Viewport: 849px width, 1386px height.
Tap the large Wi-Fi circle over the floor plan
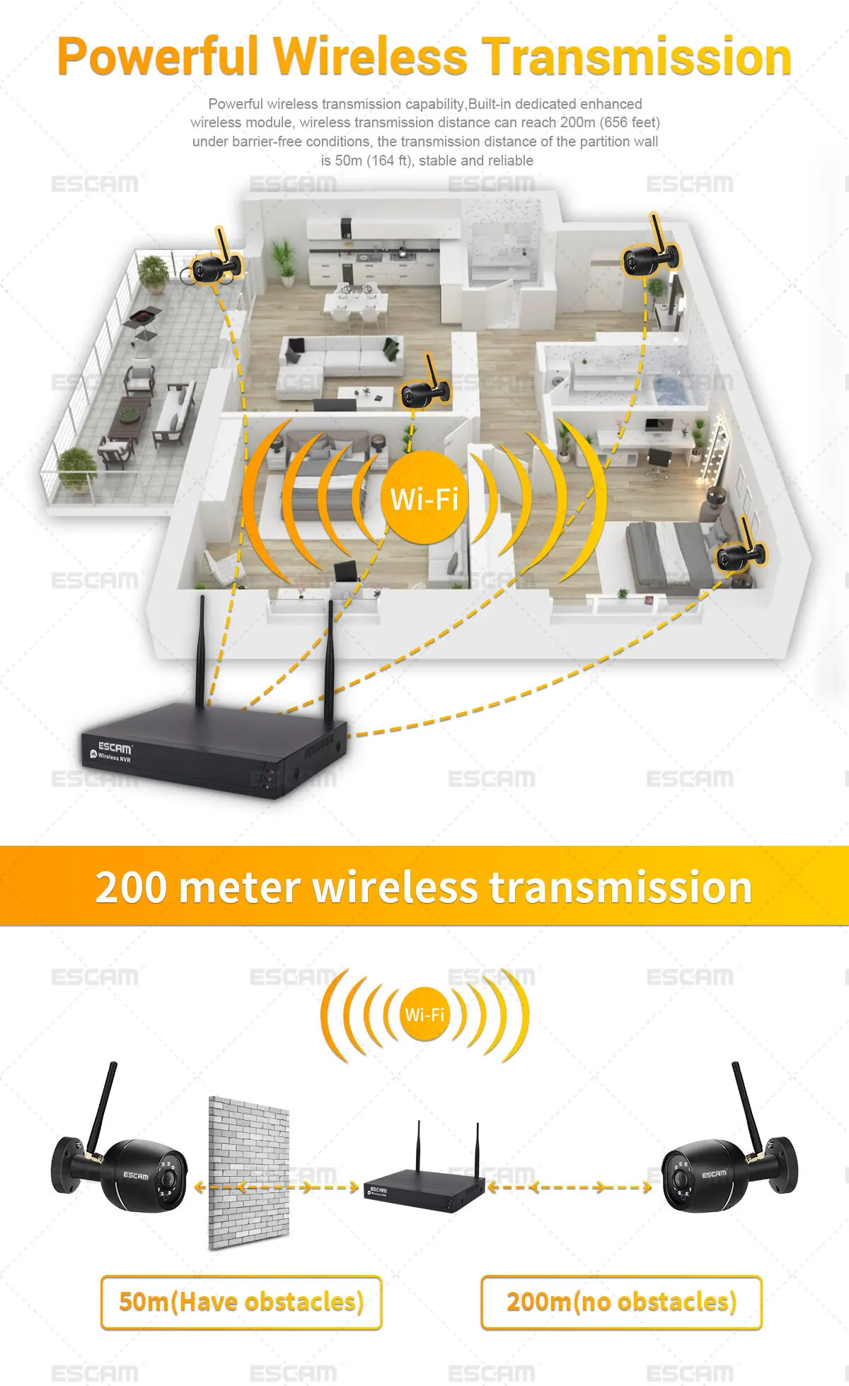tap(424, 499)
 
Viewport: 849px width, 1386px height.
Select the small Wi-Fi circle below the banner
tap(424, 1015)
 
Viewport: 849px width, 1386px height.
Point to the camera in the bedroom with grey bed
tap(739, 554)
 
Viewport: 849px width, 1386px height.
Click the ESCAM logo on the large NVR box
tap(115, 747)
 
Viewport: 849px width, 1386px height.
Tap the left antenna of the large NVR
tap(201, 651)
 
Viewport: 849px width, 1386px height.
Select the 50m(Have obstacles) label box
tap(241, 1302)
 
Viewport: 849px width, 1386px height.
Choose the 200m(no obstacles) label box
tap(621, 1302)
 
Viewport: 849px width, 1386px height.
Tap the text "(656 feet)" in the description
tap(630, 122)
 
